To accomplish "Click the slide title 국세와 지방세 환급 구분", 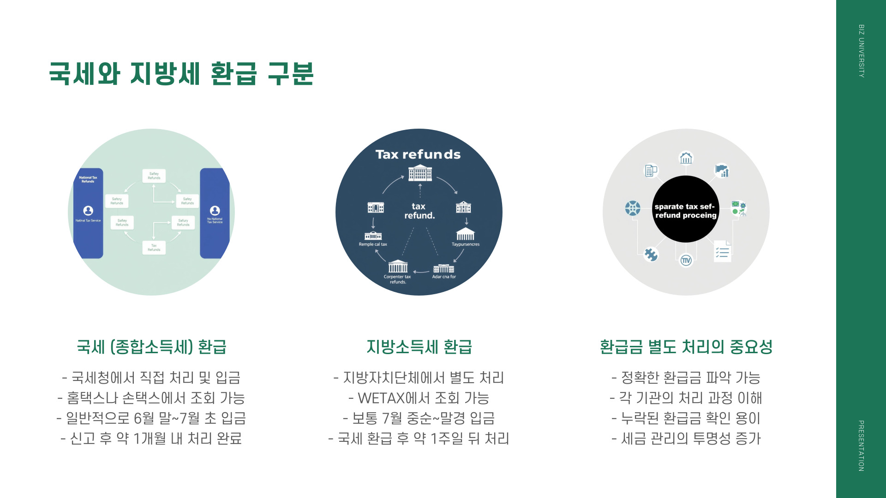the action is (x=181, y=74).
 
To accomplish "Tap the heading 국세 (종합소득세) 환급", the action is (x=151, y=347).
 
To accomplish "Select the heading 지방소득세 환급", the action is (x=419, y=347).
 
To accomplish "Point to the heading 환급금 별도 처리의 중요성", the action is (x=686, y=347).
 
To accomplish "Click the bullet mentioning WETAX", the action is (x=419, y=398).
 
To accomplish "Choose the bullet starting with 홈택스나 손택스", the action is (x=151, y=398).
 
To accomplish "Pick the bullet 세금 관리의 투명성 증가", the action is (x=686, y=439).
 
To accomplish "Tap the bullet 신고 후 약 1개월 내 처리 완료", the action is (x=151, y=439).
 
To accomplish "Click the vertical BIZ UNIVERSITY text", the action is (x=861, y=51).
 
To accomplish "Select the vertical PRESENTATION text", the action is (x=861, y=445).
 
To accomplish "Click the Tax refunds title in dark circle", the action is (x=418, y=154).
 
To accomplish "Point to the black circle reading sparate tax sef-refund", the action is (x=686, y=210).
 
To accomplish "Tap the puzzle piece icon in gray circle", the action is (x=651, y=255).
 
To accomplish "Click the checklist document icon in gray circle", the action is (x=722, y=251).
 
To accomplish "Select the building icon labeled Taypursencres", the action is (x=465, y=234).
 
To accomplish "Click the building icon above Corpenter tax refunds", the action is (x=398, y=267).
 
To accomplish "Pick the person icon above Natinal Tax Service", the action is (x=88, y=211).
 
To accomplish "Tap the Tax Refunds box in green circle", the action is (x=154, y=248).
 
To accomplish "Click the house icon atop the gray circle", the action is (x=686, y=158).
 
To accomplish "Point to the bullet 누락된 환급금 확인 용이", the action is (x=686, y=418).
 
